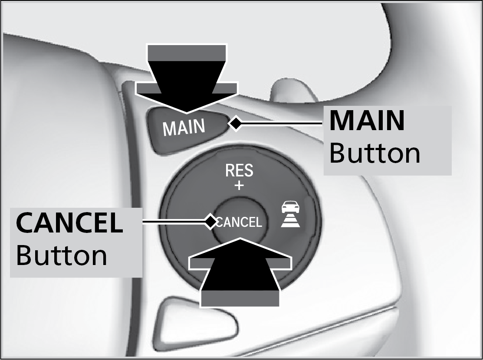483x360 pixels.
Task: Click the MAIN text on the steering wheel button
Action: point(184,127)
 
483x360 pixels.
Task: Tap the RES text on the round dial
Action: point(239,171)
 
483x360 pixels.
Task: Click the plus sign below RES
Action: point(239,186)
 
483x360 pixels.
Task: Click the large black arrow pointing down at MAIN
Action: point(187,82)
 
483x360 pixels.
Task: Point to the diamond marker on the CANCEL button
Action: point(211,222)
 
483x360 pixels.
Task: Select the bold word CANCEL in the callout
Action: point(69,223)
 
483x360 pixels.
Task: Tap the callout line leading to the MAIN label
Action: point(282,124)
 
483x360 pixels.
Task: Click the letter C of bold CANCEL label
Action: point(25,223)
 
